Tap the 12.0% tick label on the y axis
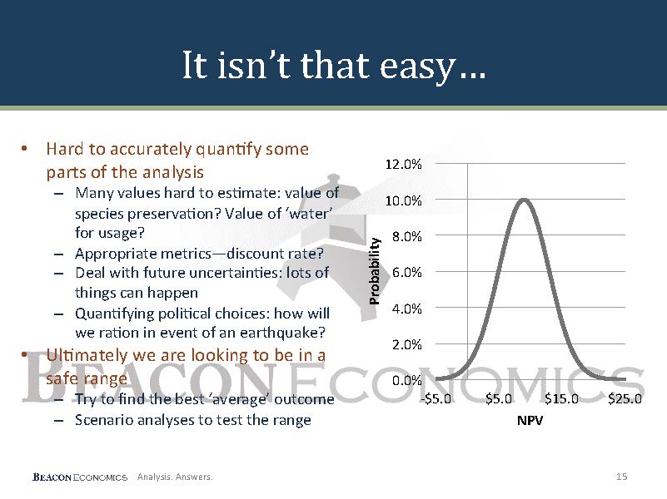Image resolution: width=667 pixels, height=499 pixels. tap(403, 164)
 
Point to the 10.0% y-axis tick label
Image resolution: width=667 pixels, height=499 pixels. tap(403, 200)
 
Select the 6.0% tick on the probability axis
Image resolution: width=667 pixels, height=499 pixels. tap(406, 272)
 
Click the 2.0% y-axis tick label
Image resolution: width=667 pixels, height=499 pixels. tap(406, 344)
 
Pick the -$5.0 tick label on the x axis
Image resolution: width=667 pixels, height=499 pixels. tap(436, 398)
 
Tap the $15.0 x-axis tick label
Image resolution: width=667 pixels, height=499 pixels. tap(561, 398)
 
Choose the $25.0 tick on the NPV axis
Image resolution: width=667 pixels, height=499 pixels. tap(625, 398)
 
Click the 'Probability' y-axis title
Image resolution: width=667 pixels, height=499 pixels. tap(374, 271)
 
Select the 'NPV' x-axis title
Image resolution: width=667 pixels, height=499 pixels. tap(530, 421)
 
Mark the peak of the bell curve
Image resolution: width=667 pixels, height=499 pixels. tap(524, 200)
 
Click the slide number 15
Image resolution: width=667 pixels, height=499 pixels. tap(621, 477)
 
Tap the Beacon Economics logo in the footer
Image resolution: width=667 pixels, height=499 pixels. tap(80, 477)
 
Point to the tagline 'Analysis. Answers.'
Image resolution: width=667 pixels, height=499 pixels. tap(175, 477)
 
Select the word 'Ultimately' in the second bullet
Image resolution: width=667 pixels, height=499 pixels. tap(87, 355)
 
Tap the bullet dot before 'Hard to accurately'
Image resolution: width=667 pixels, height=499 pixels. tap(24, 148)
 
